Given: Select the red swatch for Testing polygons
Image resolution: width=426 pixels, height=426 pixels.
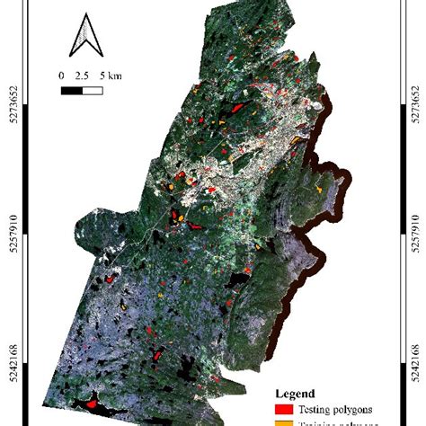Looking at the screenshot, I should point(283,408).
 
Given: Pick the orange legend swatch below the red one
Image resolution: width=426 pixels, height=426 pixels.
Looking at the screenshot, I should point(283,422).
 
